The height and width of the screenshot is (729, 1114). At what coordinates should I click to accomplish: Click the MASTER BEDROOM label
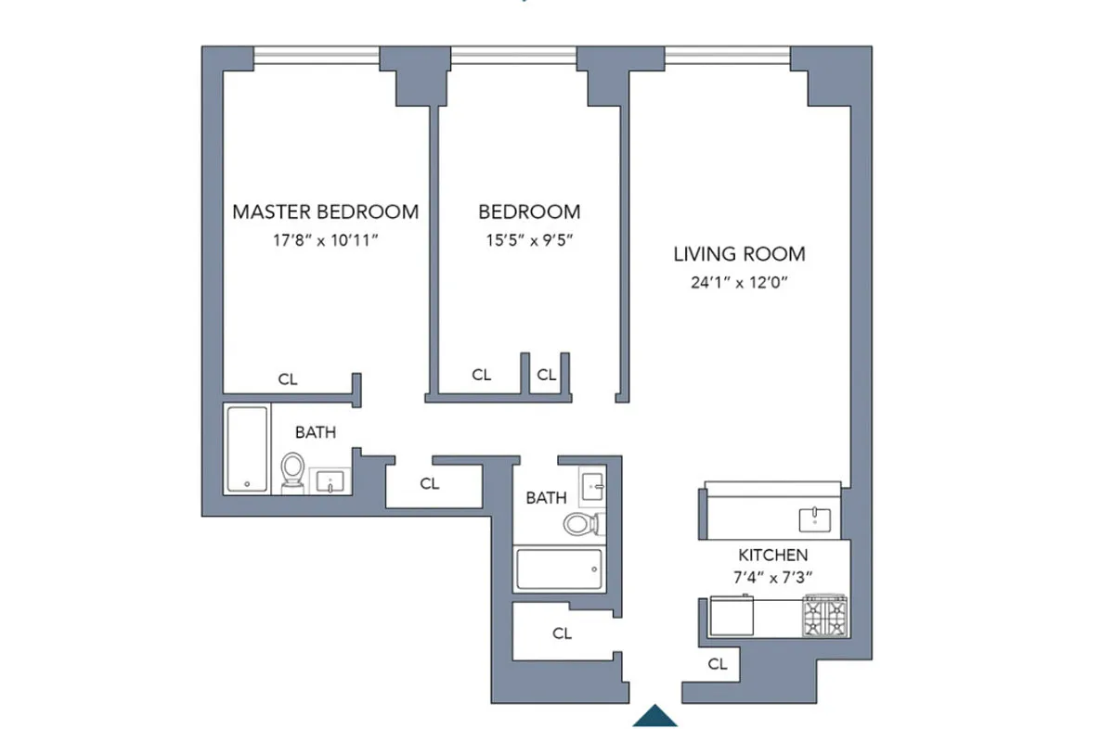[x=325, y=212]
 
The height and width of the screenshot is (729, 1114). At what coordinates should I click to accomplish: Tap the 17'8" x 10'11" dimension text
[x=325, y=240]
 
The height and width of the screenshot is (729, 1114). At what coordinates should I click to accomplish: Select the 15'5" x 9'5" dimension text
[x=529, y=240]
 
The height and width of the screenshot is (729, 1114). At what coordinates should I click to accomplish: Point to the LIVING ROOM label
[x=739, y=254]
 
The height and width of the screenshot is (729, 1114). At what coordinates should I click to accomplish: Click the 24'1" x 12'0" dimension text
[x=739, y=283]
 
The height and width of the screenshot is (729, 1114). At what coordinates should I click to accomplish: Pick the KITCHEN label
[x=772, y=555]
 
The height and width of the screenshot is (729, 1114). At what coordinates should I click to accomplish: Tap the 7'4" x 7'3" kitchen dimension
[x=772, y=578]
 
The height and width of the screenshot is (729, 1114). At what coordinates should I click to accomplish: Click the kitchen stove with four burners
[x=825, y=616]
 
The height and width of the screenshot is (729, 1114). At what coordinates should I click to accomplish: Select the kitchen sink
[x=815, y=519]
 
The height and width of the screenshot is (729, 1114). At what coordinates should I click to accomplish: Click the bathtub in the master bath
[x=247, y=449]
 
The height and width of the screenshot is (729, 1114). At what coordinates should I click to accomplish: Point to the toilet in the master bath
[x=292, y=472]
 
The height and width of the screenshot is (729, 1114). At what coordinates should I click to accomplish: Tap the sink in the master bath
[x=330, y=481]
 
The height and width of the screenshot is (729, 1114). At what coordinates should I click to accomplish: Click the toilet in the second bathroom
[x=584, y=524]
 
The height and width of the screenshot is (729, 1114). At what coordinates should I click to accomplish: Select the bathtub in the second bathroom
[x=559, y=569]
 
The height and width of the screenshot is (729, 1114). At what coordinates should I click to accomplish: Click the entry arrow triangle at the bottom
[x=655, y=718]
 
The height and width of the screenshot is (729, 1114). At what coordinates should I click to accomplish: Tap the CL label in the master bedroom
[x=288, y=379]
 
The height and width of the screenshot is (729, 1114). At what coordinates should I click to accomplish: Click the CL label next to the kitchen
[x=717, y=664]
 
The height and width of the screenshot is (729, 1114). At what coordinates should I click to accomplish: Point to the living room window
[x=727, y=55]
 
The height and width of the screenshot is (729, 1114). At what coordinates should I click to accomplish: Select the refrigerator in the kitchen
[x=732, y=616]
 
